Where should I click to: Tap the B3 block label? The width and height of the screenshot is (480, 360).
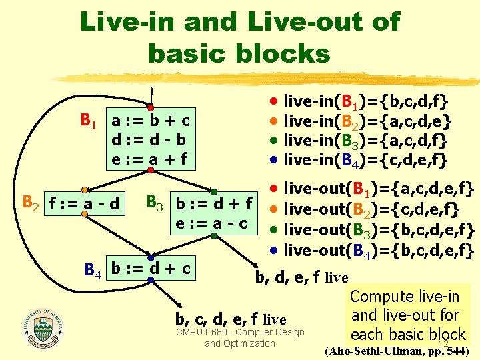pos(155,202)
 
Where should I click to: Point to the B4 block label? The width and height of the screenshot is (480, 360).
pos(93,271)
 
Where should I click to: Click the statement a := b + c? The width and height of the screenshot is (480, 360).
pos(151,121)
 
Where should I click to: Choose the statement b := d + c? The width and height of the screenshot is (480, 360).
pos(151,269)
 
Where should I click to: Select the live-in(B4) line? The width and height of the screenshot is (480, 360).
pos(365,160)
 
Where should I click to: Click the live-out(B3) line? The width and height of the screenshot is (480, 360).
pos(379,231)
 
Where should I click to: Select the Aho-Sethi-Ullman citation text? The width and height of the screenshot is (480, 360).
pos(399,351)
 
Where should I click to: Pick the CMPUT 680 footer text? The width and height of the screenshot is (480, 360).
pos(240,337)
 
